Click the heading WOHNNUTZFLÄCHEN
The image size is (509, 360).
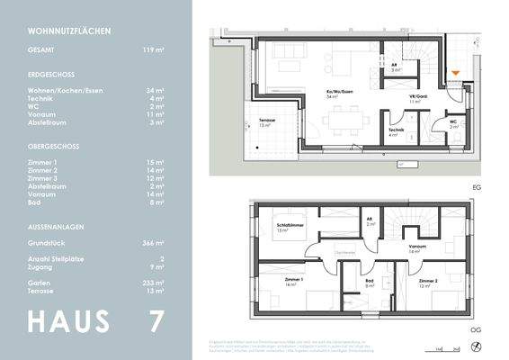click(69, 31)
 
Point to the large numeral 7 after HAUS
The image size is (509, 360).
click(158, 321)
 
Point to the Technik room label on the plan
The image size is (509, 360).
click(396, 131)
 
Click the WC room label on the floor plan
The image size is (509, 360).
click(454, 122)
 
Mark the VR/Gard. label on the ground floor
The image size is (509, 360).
click(415, 98)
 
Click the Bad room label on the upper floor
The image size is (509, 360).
click(369, 282)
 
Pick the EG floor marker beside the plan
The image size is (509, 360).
click(476, 186)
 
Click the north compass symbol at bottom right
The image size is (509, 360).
click(477, 346)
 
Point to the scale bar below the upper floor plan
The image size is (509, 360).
click(441, 346)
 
